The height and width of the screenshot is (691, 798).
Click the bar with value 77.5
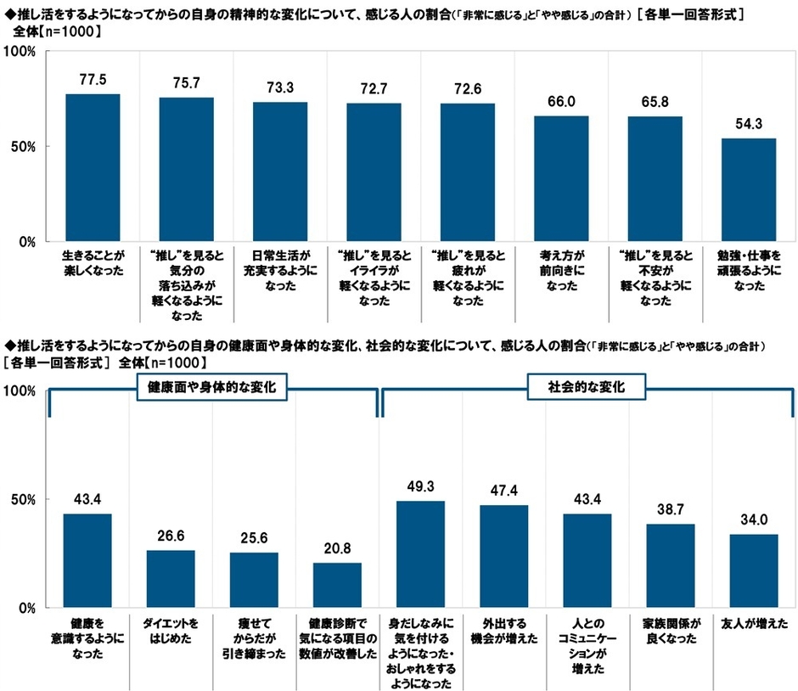point(93,167)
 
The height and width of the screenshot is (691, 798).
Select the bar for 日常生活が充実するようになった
point(280,171)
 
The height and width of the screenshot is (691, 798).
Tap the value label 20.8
point(337,548)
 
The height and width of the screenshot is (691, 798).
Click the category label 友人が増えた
point(754,623)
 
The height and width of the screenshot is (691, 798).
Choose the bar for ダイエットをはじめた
point(171,579)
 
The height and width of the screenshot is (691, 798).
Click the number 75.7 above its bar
point(186,82)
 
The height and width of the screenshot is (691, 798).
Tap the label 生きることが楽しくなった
point(93,262)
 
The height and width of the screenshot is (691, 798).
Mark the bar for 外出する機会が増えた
point(504,556)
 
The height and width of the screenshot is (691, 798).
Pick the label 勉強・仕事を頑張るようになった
point(748,270)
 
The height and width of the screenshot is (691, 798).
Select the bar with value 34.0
point(754,570)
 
